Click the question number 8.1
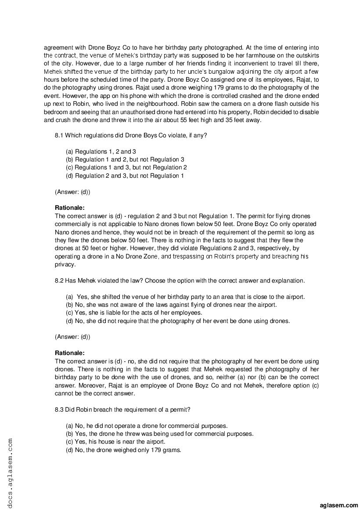coord(59,135)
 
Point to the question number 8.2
coord(59,280)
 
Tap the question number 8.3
coord(59,409)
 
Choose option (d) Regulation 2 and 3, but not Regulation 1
coord(125,176)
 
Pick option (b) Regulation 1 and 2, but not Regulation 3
coord(125,159)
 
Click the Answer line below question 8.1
coord(72,192)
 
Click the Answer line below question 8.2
coord(72,337)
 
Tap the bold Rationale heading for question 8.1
coord(69,208)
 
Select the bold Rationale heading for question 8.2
coord(69,352)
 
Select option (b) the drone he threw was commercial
coord(159,434)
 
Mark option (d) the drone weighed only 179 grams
coord(123,450)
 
